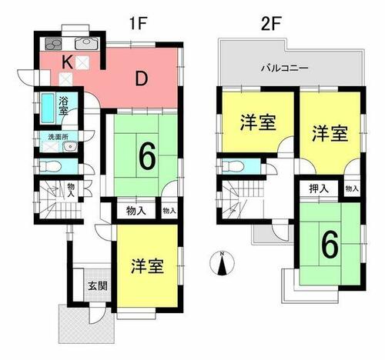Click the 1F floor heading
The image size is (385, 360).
point(138,23)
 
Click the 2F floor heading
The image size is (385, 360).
point(270,23)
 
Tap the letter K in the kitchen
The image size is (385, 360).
point(67,62)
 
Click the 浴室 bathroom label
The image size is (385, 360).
point(63,105)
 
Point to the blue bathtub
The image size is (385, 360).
point(48,108)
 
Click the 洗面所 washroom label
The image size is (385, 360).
point(59,137)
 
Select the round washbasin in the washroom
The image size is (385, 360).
point(69,147)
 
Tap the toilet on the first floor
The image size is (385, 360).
point(51,166)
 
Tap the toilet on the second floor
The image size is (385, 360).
point(233,166)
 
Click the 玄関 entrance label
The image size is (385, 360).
point(98,285)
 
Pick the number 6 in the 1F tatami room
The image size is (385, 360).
point(147,157)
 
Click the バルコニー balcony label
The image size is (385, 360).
point(284,68)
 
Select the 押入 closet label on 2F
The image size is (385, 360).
point(319,188)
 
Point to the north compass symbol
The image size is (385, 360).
point(222,264)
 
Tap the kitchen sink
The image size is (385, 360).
point(87,44)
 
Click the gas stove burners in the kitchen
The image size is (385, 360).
point(53,44)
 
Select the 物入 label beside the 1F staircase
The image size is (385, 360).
point(71,190)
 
